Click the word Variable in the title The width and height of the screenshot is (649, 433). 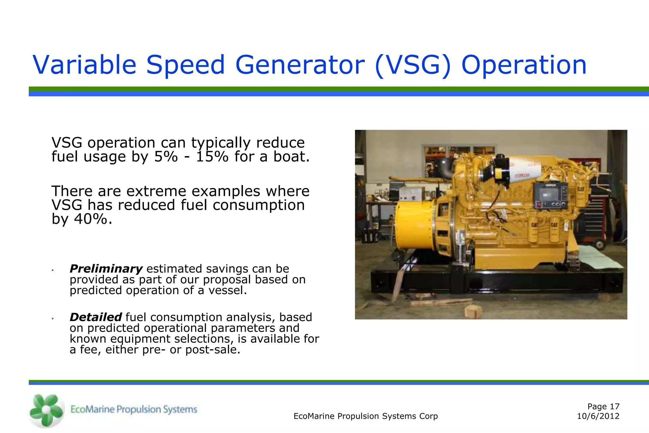tap(84, 65)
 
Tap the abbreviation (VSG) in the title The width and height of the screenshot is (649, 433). tap(413, 65)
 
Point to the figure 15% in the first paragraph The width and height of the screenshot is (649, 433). tap(212, 157)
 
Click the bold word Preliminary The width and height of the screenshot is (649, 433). tap(106, 269)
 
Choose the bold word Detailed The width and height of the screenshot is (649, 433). tap(95, 317)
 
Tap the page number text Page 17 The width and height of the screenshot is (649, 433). tap(603, 406)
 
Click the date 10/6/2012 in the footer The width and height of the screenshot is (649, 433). tap(598, 416)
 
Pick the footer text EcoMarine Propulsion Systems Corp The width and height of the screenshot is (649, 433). tap(365, 416)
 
